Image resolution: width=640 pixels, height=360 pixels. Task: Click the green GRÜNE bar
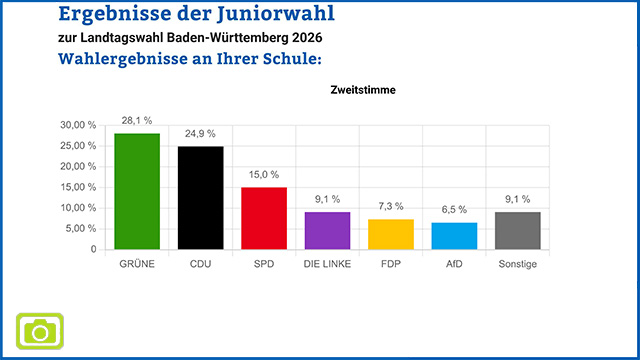137,191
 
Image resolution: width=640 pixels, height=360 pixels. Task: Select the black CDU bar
201,198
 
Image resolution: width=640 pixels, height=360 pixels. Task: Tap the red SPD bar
265,218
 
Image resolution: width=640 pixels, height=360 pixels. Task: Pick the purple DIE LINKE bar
328,230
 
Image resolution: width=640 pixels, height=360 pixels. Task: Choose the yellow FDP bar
391,234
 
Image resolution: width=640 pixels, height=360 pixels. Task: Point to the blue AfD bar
455,236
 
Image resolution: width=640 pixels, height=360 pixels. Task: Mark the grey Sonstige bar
518,230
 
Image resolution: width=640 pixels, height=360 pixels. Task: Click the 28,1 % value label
137,120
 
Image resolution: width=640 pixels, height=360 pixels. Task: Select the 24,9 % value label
201,134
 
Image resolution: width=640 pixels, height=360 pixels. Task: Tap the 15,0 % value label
265,175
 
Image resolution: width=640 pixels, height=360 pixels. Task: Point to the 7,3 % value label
391,207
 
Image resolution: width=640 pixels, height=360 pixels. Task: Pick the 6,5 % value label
455,210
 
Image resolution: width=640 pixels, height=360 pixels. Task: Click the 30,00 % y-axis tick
78,125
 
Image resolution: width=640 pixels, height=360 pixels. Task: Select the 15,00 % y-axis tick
78,187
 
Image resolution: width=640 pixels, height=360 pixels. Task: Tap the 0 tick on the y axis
93,249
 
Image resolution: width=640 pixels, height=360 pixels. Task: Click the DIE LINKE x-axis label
328,264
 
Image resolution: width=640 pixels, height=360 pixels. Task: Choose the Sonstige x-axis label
518,264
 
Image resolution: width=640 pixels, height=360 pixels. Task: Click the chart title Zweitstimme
362,90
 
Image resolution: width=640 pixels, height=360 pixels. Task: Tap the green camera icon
40,330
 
